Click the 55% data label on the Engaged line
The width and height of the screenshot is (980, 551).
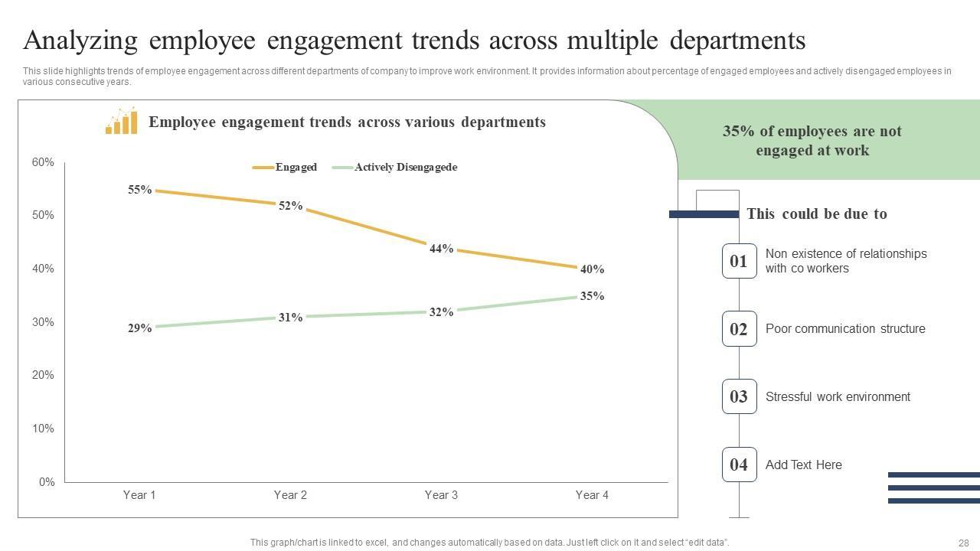pyautogui.click(x=139, y=190)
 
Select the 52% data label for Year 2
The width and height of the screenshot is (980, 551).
pyautogui.click(x=290, y=206)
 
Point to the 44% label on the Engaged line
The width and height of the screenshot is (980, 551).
pyautogui.click(x=441, y=249)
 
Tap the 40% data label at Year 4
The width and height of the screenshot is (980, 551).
pyautogui.click(x=592, y=269)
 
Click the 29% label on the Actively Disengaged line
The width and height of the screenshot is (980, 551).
pyautogui.click(x=139, y=328)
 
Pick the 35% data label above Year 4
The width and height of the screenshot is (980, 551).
pyautogui.click(x=592, y=296)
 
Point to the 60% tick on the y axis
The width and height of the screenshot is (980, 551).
pyautogui.click(x=43, y=162)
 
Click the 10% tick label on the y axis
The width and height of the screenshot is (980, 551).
pyautogui.click(x=43, y=429)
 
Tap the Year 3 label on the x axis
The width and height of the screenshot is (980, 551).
pyautogui.click(x=441, y=495)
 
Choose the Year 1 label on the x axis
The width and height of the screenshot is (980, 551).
pyautogui.click(x=139, y=495)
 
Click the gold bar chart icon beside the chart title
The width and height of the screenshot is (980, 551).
pyautogui.click(x=122, y=122)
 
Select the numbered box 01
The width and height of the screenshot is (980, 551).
pyautogui.click(x=739, y=262)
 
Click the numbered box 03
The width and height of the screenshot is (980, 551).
pyautogui.click(x=739, y=396)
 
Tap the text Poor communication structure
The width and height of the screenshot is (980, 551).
pyautogui.click(x=845, y=329)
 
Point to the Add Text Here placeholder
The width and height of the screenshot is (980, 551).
pyautogui.click(x=803, y=465)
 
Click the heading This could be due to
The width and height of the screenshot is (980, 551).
pyautogui.click(x=816, y=214)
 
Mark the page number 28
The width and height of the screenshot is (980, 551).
pyautogui.click(x=963, y=542)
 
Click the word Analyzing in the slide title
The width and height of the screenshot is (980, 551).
pyautogui.click(x=80, y=40)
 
